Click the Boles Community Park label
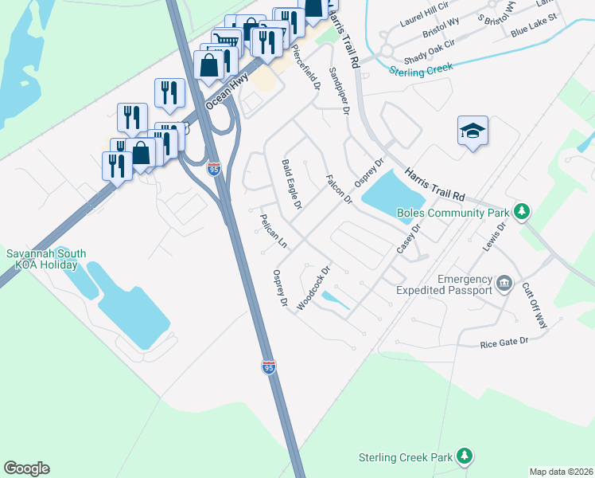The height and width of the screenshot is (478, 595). [x=456, y=213]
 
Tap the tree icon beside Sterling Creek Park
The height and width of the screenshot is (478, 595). [x=465, y=456]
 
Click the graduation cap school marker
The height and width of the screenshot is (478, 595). [x=472, y=131]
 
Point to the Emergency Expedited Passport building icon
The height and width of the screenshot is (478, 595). [x=504, y=284]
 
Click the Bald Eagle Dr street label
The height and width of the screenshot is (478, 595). [x=292, y=184]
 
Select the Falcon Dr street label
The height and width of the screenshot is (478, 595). [x=339, y=190]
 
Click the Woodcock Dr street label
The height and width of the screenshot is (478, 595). [x=313, y=288]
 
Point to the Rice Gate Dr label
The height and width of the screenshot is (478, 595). [x=504, y=343]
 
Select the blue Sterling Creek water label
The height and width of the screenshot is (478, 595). [x=420, y=70]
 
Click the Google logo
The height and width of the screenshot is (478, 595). [x=26, y=468]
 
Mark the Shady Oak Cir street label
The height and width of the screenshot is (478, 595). [x=426, y=49]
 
